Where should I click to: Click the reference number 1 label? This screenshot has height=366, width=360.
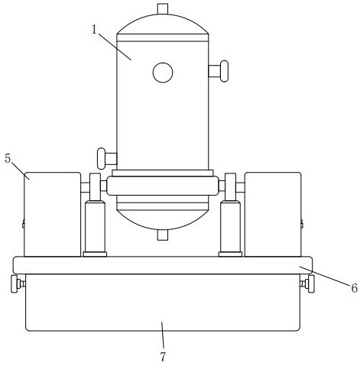(95, 30)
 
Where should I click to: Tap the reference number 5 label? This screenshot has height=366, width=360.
(8, 158)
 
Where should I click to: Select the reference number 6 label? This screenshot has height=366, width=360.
(354, 288)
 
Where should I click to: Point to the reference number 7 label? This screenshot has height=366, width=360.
(163, 357)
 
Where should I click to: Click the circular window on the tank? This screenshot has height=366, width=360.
(163, 73)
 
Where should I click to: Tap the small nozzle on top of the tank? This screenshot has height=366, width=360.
(163, 8)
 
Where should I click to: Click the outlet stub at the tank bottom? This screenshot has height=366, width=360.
(163, 235)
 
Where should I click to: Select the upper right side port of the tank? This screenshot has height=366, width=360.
(219, 71)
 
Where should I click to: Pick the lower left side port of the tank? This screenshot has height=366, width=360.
(107, 158)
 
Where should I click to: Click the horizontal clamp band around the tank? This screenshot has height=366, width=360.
(163, 186)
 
